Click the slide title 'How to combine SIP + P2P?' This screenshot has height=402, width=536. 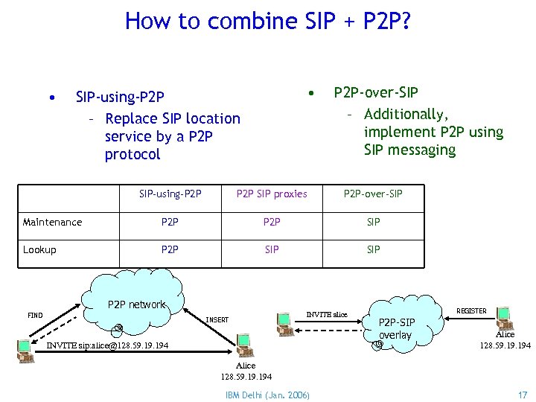(268, 21)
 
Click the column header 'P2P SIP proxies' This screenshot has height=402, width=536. (272, 194)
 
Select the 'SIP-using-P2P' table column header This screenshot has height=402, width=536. (170, 194)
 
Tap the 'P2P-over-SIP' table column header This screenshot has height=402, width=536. (373, 194)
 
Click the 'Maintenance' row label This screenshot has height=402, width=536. (52, 222)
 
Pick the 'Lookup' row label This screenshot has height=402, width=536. (39, 249)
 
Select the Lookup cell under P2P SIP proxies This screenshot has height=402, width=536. (272, 249)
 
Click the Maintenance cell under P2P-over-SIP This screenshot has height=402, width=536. (373, 222)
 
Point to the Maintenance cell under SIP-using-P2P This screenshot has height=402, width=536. (170, 222)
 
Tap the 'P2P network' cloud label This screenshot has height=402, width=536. (136, 304)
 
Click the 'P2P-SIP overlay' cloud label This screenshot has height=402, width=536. (395, 329)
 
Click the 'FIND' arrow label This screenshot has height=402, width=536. (35, 316)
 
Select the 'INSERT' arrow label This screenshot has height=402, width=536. (217, 320)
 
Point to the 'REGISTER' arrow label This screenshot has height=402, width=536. (470, 310)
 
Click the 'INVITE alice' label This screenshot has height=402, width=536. (327, 315)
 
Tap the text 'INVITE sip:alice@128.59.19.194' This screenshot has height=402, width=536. (107, 346)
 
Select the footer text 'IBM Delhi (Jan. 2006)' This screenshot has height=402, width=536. (268, 394)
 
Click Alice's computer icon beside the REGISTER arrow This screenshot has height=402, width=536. (503, 316)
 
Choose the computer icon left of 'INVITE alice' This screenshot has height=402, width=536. (284, 322)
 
